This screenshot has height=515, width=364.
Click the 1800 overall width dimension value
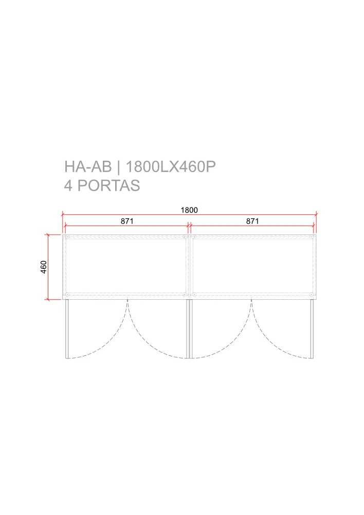[189, 210]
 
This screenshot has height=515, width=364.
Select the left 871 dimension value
[127, 221]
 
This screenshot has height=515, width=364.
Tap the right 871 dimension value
[252, 221]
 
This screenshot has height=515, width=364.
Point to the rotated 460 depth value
[44, 267]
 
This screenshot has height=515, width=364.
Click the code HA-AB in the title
[88, 166]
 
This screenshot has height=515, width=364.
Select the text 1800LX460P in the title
[171, 166]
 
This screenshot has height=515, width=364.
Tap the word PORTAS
[108, 185]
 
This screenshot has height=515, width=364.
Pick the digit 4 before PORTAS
[68, 185]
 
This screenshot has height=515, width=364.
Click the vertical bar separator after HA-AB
[119, 167]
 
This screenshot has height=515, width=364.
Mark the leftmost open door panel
[67, 329]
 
